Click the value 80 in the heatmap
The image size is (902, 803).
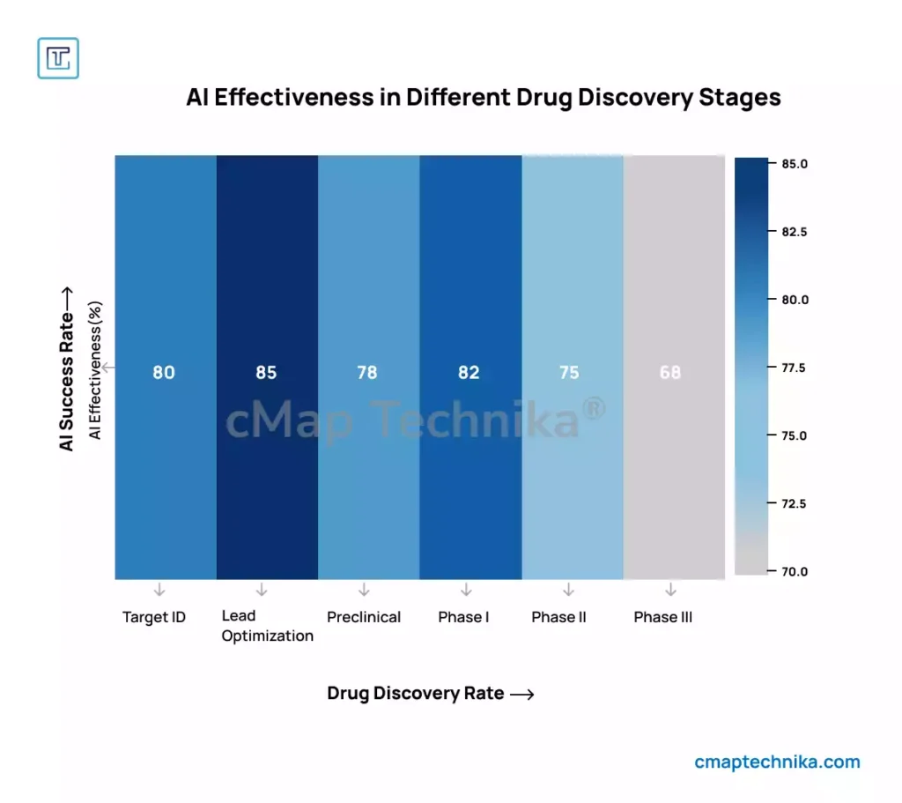pyautogui.click(x=164, y=372)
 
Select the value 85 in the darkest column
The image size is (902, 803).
pyautogui.click(x=266, y=372)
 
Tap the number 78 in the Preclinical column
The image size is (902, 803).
pyautogui.click(x=367, y=372)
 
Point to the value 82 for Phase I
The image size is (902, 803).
pyautogui.click(x=469, y=372)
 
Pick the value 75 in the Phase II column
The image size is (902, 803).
pyautogui.click(x=569, y=372)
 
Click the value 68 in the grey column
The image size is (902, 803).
pyautogui.click(x=670, y=372)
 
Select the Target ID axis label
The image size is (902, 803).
pyautogui.click(x=154, y=617)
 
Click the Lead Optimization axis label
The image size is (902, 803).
pyautogui.click(x=267, y=626)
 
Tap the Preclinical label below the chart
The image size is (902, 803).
pyautogui.click(x=364, y=617)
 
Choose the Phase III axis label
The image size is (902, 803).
pyautogui.click(x=663, y=617)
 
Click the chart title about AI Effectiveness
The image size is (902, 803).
pyautogui.click(x=484, y=97)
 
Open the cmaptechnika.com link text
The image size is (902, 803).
pyautogui.click(x=777, y=762)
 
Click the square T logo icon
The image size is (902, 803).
pyautogui.click(x=58, y=58)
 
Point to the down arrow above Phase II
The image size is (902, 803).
pyautogui.click(x=568, y=589)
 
